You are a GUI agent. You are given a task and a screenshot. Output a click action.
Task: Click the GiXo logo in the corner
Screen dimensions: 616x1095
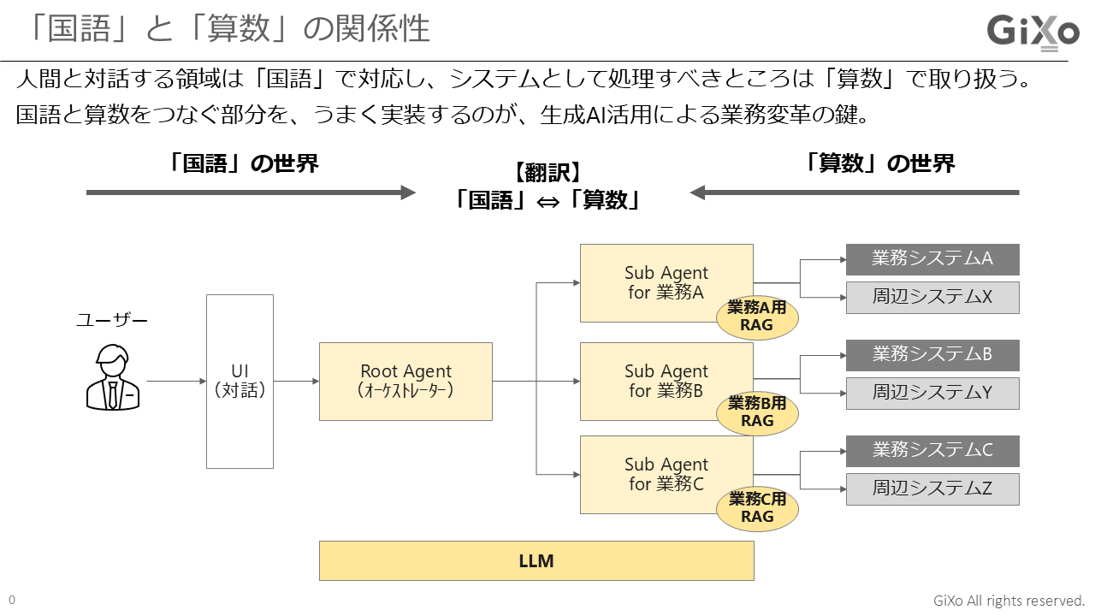(x=1033, y=33)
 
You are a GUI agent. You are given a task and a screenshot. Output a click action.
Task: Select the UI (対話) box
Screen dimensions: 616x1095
(x=240, y=382)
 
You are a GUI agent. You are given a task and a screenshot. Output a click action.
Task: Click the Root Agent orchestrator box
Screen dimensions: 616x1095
(x=405, y=382)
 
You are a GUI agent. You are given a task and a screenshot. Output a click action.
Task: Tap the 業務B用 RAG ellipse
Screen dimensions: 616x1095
(x=757, y=412)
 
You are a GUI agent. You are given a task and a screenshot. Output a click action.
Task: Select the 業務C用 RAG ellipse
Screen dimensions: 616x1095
(x=757, y=508)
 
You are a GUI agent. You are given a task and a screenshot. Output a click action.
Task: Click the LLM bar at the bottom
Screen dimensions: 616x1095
(x=536, y=561)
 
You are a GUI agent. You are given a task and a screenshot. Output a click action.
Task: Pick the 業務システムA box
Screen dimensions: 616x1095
(x=932, y=259)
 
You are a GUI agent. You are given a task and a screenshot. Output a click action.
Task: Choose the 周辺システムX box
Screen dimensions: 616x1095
(x=932, y=298)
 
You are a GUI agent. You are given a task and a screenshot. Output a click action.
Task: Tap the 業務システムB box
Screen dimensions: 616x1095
(x=932, y=355)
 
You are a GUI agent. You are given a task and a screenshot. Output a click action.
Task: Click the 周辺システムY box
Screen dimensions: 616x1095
(x=932, y=394)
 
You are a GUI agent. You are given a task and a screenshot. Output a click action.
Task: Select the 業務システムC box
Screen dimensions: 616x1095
(x=932, y=451)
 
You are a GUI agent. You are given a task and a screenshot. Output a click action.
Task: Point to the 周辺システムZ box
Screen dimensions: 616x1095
(x=932, y=489)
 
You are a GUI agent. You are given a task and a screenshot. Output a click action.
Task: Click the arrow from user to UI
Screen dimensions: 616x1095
(x=175, y=382)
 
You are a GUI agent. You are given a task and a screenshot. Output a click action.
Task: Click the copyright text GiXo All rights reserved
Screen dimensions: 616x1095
(x=1009, y=601)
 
